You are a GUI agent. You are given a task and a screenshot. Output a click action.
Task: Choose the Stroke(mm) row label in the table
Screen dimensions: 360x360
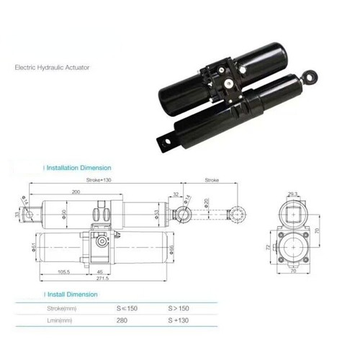60,309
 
